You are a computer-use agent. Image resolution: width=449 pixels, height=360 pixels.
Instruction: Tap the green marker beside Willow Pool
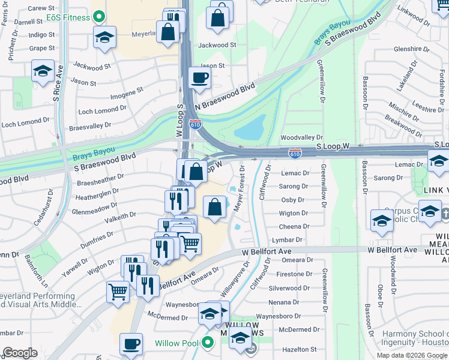coord(208,343)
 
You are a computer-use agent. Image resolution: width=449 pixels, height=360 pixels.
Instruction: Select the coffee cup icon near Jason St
coord(199,78)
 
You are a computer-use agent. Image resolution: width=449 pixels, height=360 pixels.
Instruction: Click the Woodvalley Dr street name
coord(301,137)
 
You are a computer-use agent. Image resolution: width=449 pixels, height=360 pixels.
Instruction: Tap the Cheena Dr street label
coord(294,226)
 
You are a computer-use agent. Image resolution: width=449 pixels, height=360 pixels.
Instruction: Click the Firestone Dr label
coord(293,274)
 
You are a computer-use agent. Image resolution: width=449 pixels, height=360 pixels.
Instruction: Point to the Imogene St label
coord(126,93)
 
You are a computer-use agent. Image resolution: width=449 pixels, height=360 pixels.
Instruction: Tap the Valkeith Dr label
coord(121,217)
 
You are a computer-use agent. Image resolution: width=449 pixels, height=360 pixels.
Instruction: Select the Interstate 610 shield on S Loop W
coord(294,154)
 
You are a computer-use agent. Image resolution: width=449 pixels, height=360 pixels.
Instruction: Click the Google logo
coord(20,353)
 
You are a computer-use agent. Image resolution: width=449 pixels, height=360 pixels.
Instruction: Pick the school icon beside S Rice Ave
coord(43,72)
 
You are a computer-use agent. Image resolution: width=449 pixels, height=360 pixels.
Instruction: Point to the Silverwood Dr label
coord(289,288)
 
